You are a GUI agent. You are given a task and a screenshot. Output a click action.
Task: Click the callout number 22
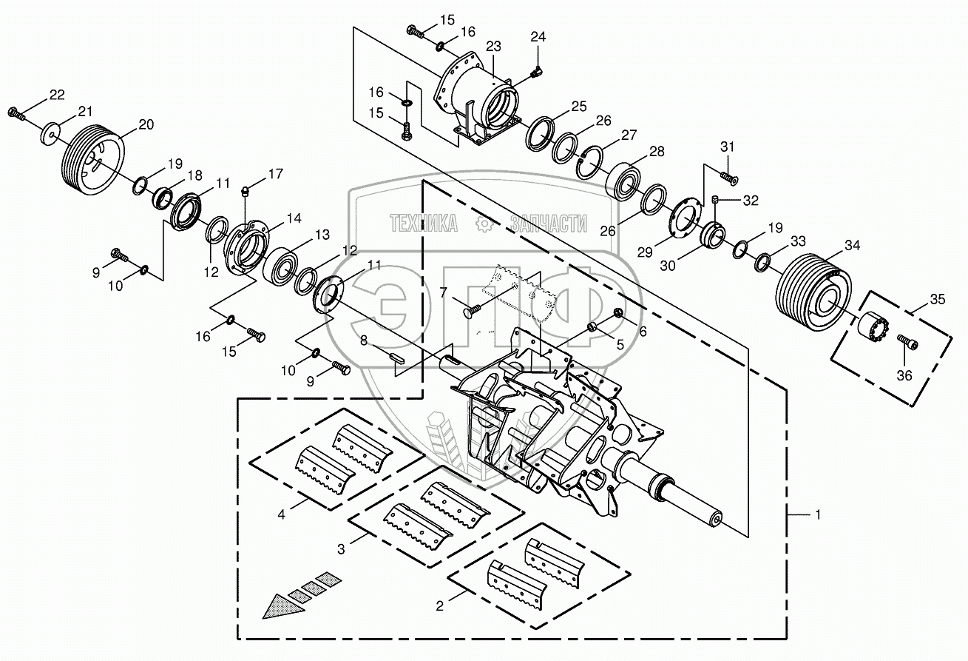57,95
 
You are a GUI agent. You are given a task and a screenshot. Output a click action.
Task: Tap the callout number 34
853,246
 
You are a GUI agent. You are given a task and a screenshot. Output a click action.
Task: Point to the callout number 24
538,37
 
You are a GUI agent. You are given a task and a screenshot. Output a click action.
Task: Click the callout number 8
364,341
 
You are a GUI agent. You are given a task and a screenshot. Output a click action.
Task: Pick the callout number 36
905,375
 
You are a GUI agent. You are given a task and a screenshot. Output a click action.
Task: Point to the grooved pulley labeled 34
812,293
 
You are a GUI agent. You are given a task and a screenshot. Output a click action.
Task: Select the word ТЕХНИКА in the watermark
423,223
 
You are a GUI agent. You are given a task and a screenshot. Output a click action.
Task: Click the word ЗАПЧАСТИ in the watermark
548,223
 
